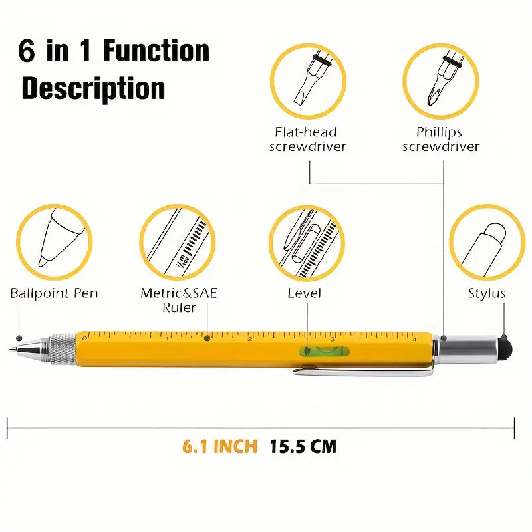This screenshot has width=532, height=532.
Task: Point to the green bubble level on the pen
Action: tap(324, 352)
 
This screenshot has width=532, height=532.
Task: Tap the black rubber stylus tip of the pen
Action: tap(506, 348)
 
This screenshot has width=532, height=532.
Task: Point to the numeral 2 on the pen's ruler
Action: tap(251, 339)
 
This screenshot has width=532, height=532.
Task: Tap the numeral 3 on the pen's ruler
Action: tap(333, 339)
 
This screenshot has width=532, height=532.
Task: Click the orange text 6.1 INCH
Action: tap(220, 446)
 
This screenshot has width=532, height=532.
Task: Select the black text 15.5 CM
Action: tap(303, 446)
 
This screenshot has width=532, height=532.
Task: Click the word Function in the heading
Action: tap(156, 51)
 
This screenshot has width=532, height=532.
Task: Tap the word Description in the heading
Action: tap(93, 88)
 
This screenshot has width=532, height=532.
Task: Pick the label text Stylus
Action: tap(487, 293)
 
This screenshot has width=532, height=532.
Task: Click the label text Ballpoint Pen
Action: tap(54, 293)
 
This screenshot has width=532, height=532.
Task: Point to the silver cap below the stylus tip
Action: tap(470, 348)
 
